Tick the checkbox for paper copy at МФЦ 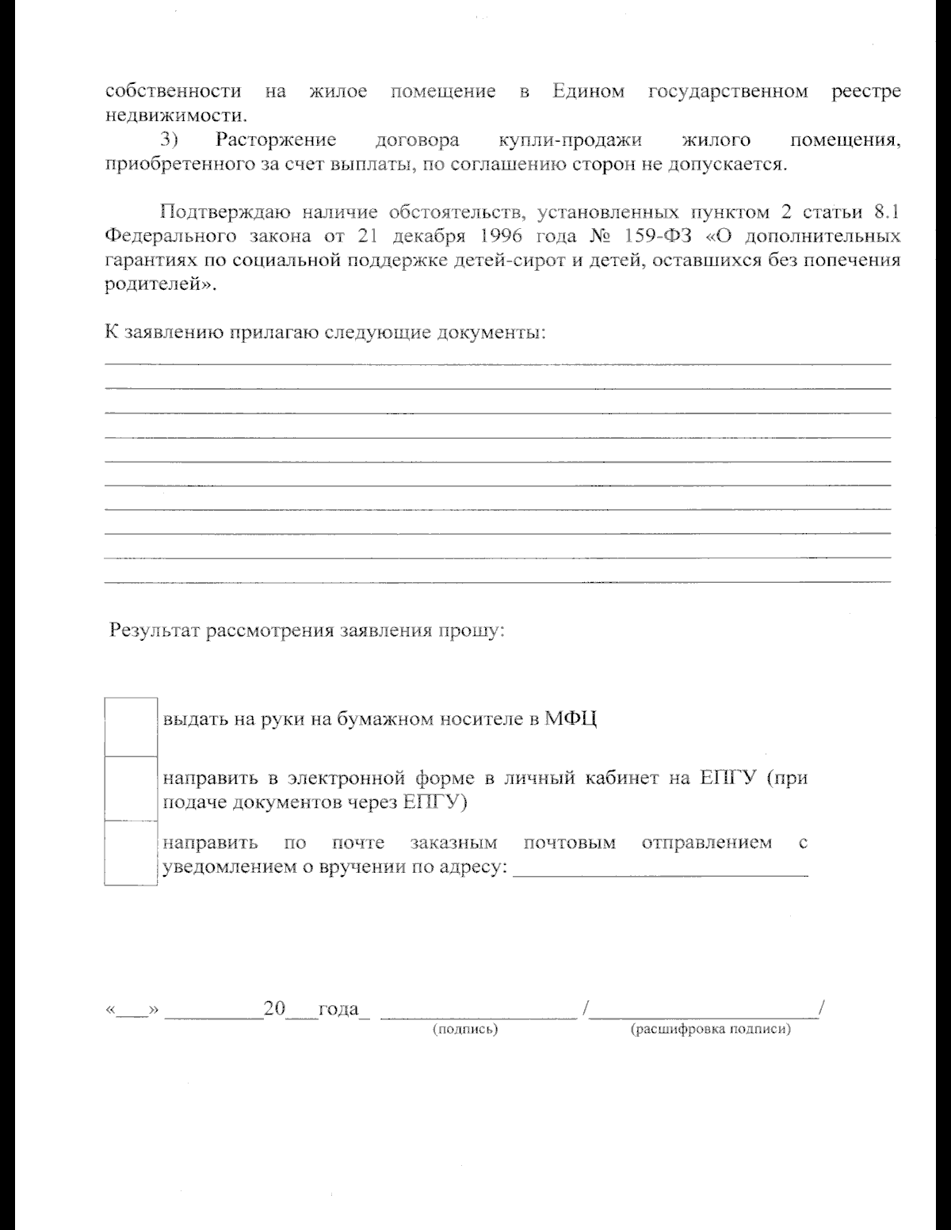pyautogui.click(x=130, y=725)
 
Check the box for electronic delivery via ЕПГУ pyautogui.click(x=130, y=788)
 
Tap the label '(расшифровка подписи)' pyautogui.click(x=710, y=1030)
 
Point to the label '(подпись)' pyautogui.click(x=464, y=1030)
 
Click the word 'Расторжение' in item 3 pyautogui.click(x=276, y=141)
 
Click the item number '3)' pyautogui.click(x=170, y=141)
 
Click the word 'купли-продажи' pyautogui.click(x=570, y=141)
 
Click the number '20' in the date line pyautogui.click(x=274, y=1009)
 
